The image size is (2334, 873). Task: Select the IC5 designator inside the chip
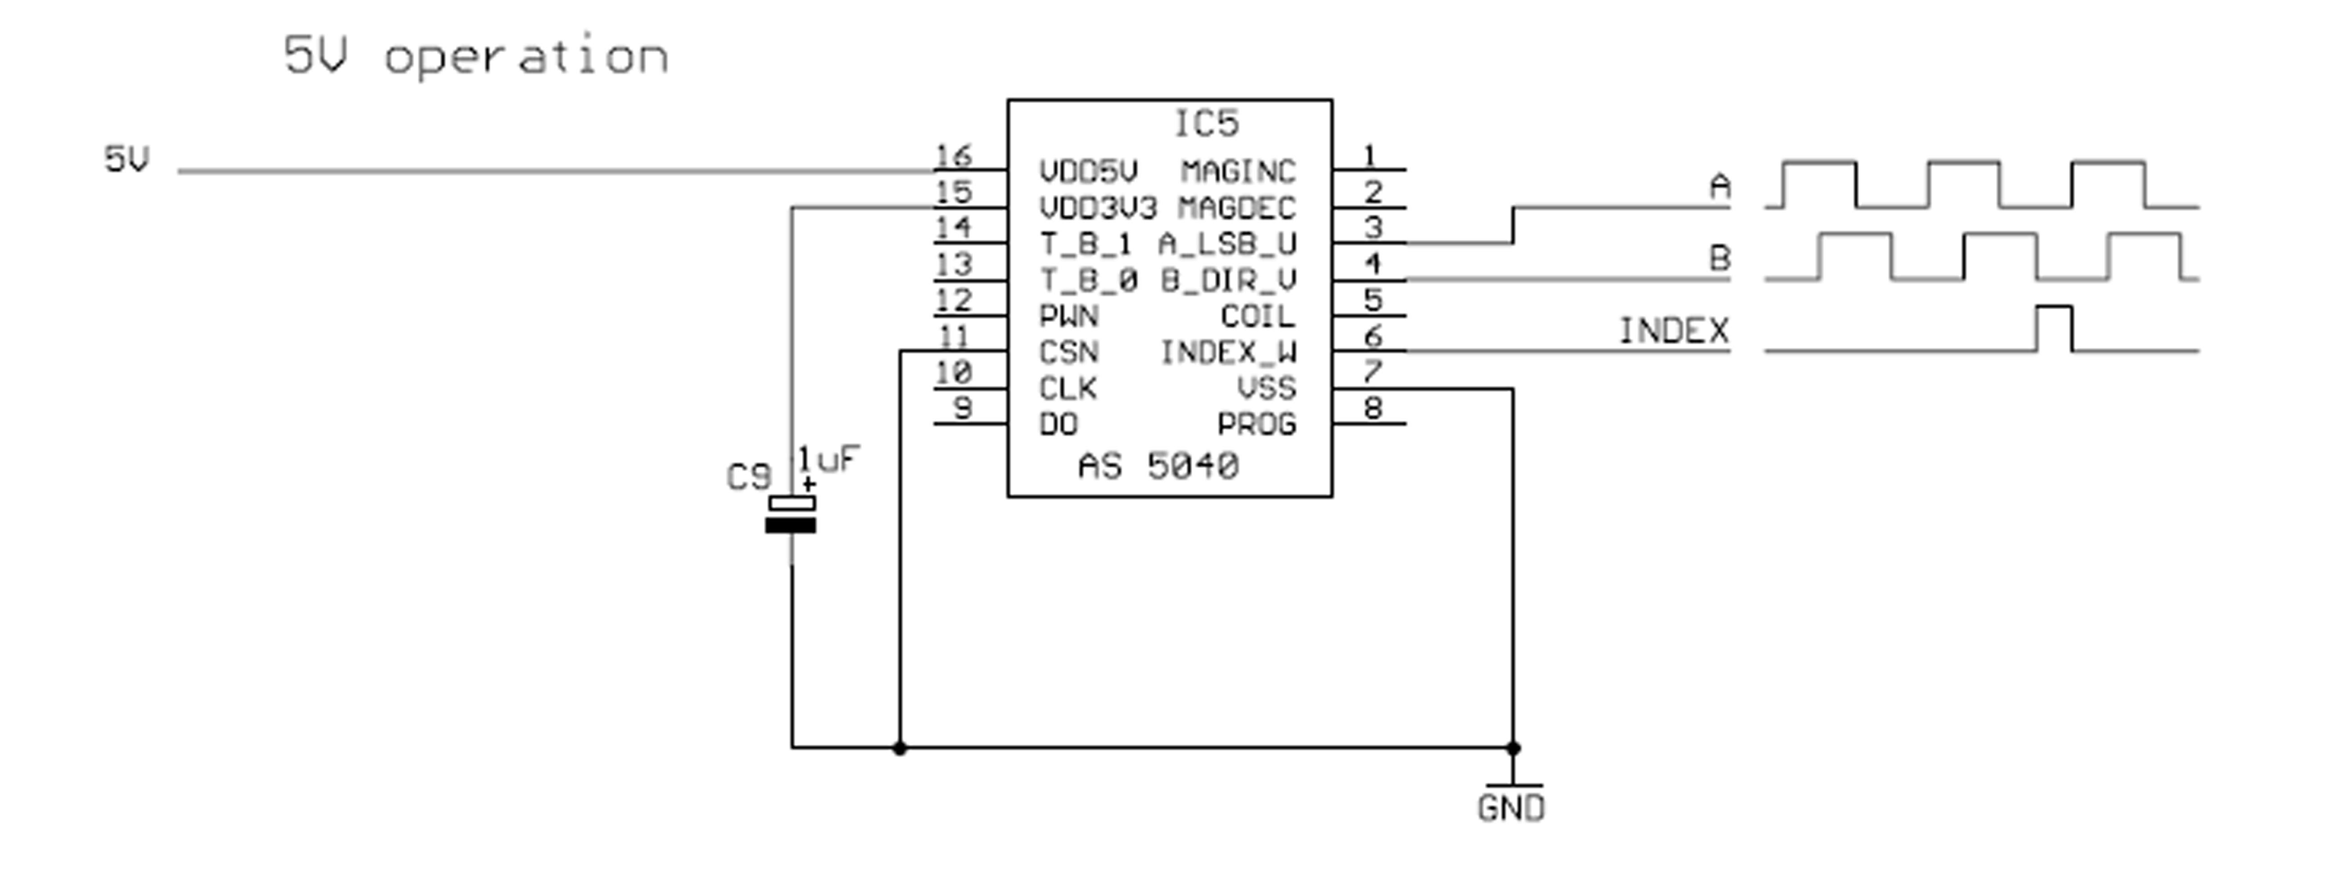point(1206,123)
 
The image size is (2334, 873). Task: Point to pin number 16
point(953,156)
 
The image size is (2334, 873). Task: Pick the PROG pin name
point(1257,424)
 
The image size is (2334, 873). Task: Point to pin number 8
point(1373,409)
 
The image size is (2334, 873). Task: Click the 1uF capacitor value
point(828,460)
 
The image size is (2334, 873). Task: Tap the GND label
point(1511,808)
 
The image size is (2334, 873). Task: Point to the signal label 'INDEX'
point(1674,332)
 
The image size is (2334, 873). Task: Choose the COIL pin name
point(1258,316)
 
